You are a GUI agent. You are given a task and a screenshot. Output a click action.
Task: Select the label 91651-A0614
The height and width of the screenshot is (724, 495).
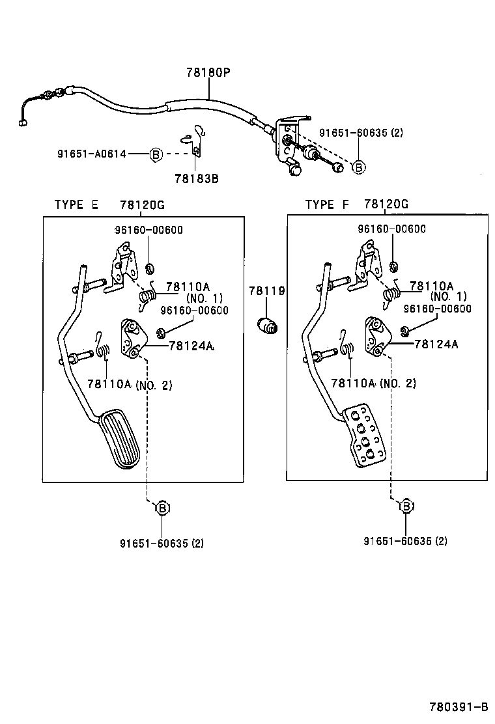point(91,154)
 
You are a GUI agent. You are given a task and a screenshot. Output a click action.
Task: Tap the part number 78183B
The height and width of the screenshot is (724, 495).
point(196,178)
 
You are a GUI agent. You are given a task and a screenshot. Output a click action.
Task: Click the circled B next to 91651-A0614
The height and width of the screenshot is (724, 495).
point(156,154)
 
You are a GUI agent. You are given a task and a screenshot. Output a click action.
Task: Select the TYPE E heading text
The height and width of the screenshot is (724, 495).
point(76,204)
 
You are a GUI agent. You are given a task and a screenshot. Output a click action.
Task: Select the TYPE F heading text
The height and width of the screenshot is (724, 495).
point(328,204)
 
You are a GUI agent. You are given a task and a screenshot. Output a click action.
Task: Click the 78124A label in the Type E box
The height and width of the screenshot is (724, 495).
point(191,346)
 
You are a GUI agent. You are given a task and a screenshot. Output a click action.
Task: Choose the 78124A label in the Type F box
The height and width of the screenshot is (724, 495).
point(436,344)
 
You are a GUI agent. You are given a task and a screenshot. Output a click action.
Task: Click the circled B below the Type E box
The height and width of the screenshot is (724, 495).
point(162,507)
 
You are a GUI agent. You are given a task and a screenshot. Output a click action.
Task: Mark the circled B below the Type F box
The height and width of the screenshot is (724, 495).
point(406,505)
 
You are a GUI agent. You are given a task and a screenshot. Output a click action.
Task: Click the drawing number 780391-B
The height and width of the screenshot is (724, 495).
point(458,707)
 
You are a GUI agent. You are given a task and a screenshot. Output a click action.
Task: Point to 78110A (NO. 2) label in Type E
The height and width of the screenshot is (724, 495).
point(130,385)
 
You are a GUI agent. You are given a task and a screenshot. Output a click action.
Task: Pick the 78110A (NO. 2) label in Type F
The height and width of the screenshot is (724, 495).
point(373,383)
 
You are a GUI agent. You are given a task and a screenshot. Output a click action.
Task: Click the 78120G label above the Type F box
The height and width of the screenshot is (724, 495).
point(386,204)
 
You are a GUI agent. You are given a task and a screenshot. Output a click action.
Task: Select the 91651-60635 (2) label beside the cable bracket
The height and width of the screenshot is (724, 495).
point(361,133)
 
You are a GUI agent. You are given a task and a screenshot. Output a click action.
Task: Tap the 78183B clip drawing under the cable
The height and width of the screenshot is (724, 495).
point(193,141)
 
